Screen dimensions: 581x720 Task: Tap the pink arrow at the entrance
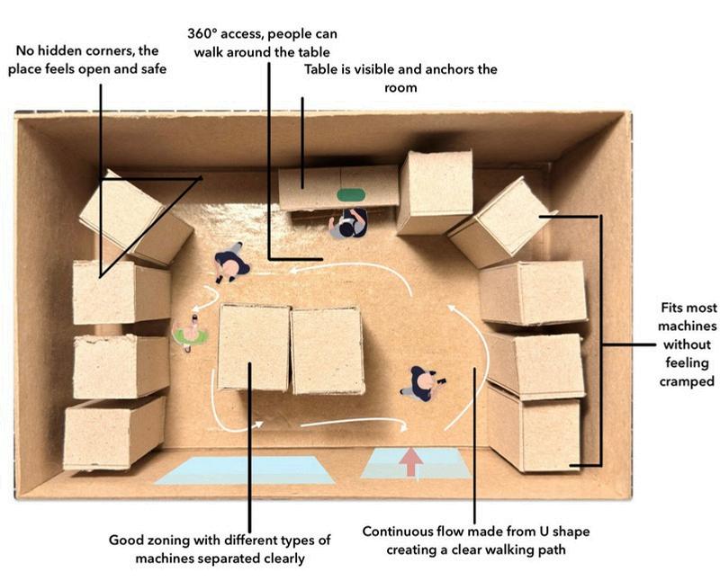coord(411,460)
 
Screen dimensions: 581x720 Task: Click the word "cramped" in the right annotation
coord(686,381)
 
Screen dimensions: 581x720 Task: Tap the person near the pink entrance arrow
coord(420,383)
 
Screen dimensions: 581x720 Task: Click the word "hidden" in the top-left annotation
coord(69,51)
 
